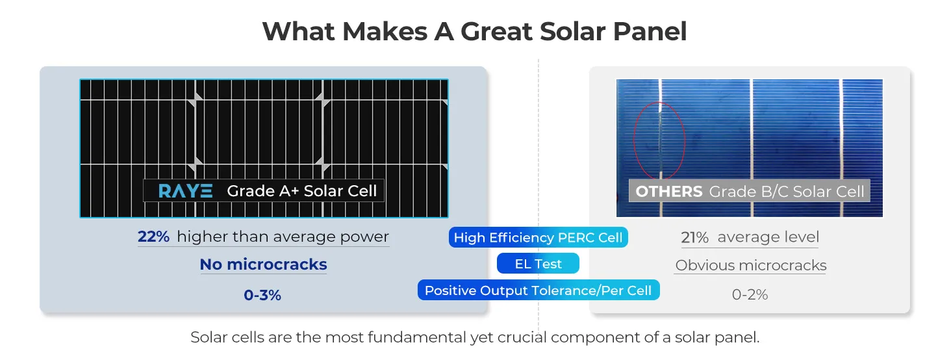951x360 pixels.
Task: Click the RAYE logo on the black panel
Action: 186,191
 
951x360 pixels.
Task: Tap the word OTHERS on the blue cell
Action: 668,192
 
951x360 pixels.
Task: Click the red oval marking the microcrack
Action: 634,140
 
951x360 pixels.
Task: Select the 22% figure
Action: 153,237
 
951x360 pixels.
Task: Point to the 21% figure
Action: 694,237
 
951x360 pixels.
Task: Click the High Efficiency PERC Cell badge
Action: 538,237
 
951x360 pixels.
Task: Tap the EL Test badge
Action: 538,264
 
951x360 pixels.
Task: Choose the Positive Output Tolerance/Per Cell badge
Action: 539,290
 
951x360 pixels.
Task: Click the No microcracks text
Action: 263,264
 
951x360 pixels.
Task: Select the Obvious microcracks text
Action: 751,265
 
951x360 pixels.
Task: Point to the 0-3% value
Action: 262,294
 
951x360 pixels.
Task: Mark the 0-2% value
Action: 750,294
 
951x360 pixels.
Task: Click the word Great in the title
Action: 496,31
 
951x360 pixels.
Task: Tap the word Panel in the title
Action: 650,31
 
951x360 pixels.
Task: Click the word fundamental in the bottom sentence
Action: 417,337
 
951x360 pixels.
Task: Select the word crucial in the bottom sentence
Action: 522,337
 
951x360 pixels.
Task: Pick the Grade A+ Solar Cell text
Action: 302,191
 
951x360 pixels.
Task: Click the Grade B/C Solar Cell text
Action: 787,192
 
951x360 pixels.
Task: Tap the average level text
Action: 768,237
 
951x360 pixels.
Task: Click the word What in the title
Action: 298,31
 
